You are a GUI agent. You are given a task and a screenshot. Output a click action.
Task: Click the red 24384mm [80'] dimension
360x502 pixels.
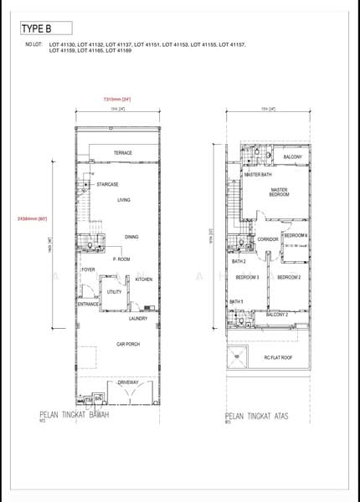click(x=32, y=218)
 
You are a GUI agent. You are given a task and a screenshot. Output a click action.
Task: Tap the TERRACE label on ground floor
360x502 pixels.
click(x=123, y=153)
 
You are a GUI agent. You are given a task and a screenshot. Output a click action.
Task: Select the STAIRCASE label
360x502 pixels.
click(x=107, y=184)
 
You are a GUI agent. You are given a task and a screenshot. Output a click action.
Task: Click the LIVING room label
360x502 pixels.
click(x=124, y=200)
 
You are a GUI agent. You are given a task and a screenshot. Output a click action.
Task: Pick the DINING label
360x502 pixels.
click(x=131, y=237)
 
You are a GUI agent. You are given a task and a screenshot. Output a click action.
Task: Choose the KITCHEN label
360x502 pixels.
click(x=144, y=279)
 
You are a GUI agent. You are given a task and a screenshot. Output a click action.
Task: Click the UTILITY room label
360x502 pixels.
click(x=114, y=292)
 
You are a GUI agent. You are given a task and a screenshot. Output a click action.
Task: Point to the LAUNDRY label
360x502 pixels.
click(x=138, y=319)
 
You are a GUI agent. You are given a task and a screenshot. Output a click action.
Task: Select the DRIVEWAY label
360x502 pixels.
click(x=128, y=382)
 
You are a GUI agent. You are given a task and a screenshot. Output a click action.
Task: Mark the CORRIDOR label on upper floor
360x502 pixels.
click(x=268, y=239)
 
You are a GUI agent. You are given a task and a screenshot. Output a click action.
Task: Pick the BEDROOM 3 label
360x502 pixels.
click(x=246, y=277)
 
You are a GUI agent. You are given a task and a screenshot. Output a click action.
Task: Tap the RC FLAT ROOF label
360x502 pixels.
click(x=278, y=358)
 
